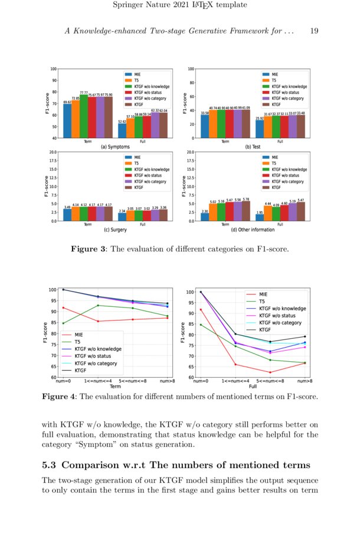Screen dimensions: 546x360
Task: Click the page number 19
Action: [x=314, y=31]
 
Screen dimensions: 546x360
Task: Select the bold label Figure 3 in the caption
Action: [x=89, y=250]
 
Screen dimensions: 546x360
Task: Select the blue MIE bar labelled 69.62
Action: [x=67, y=121]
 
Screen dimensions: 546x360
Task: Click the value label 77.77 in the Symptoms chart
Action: [x=83, y=93]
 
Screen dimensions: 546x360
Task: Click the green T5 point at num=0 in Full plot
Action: [x=201, y=325]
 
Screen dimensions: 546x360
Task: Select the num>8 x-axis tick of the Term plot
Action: [x=167, y=381]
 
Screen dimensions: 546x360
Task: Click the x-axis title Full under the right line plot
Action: [x=253, y=387]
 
